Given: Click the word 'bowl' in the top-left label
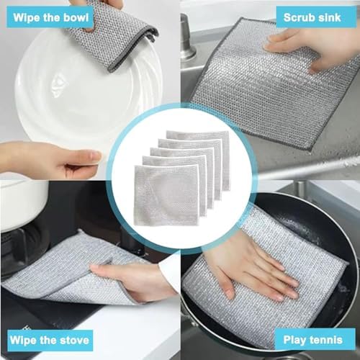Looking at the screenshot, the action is pos(76,17).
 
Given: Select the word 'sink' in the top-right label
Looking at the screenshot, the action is pos(329,17).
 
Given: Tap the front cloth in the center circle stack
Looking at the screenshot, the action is pos(166,195).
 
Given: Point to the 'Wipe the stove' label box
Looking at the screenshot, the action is pos(50,341).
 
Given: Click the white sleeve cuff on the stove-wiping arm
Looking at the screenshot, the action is pos(170,274).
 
